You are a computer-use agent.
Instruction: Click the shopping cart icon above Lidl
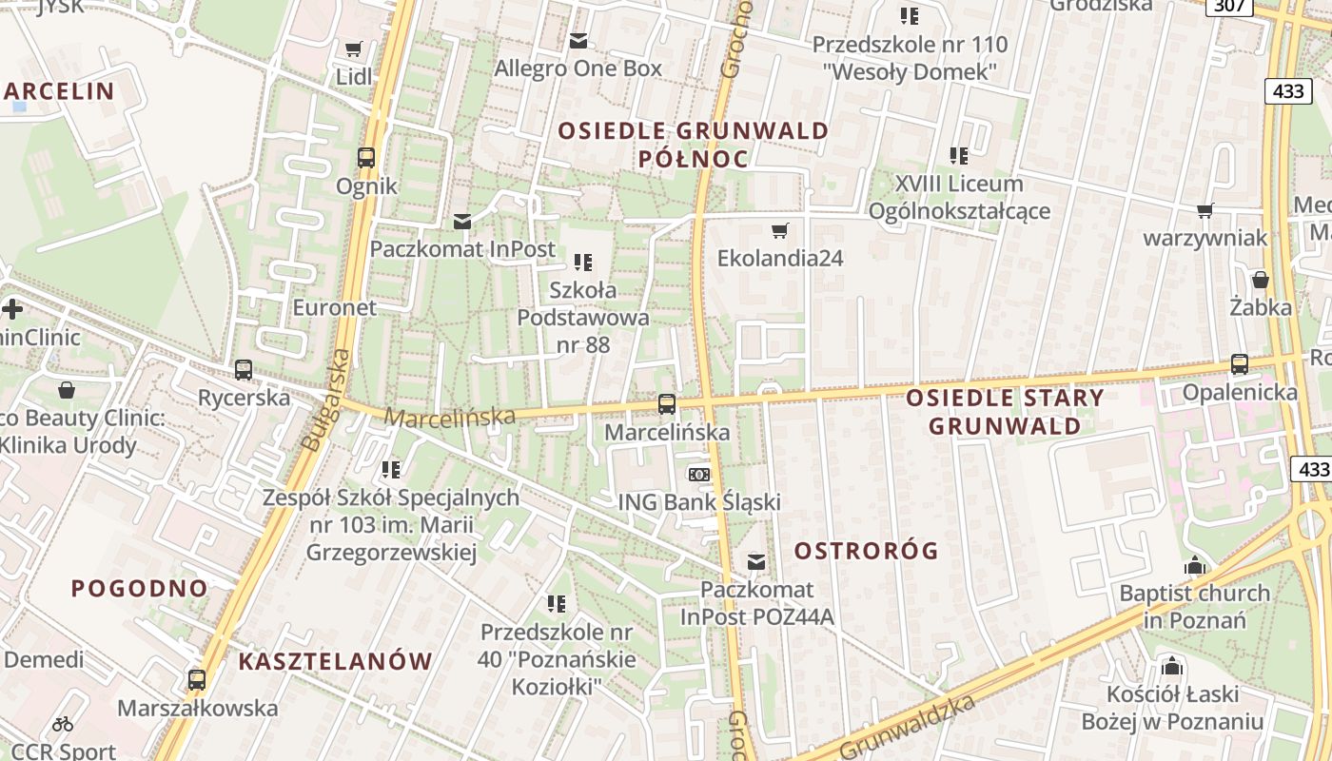point(354,49)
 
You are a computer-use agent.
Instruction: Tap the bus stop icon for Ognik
point(366,157)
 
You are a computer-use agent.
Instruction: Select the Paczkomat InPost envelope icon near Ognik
point(462,222)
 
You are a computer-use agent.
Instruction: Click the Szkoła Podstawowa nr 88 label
point(583,317)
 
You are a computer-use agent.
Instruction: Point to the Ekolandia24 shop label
point(780,258)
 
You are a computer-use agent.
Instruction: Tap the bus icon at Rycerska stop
point(244,369)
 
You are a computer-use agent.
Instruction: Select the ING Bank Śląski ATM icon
point(699,474)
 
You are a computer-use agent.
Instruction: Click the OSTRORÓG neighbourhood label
point(866,551)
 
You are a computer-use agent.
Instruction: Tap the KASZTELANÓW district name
point(335,661)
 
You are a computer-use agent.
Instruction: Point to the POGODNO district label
point(140,588)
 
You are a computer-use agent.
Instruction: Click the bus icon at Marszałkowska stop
point(197,680)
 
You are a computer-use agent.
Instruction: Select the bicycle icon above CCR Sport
point(63,724)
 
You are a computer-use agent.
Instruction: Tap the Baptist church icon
point(1195,565)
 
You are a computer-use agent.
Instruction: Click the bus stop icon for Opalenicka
point(1240,363)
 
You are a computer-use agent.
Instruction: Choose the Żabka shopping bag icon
point(1261,280)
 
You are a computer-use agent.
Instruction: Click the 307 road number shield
point(1229,6)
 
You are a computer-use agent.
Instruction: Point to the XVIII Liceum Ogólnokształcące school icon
point(959,155)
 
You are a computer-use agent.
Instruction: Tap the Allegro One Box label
point(578,68)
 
